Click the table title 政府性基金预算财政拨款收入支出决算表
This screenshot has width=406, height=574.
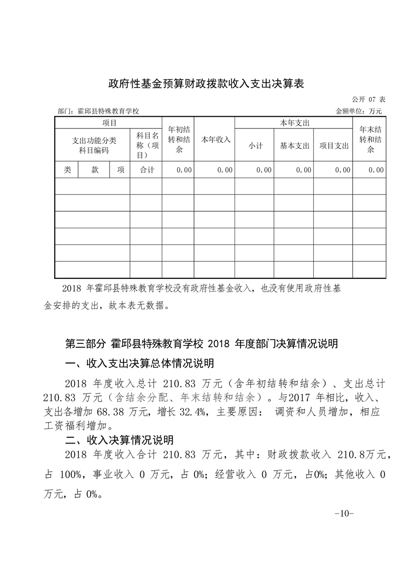coord(206,84)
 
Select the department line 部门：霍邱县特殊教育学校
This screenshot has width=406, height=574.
coord(99,111)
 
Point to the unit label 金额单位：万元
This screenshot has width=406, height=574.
coord(358,111)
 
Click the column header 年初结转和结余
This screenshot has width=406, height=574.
coord(178,139)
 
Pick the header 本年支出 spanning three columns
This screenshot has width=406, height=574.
coord(294,123)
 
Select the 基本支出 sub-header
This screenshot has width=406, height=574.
coord(294,146)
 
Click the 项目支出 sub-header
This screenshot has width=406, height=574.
coord(334,146)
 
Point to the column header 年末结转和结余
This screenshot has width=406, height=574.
coord(369,139)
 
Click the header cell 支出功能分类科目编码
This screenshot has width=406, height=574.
coord(93,146)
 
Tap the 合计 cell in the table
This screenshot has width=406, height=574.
coord(146,170)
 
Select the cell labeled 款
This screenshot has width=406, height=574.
coord(95,170)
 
